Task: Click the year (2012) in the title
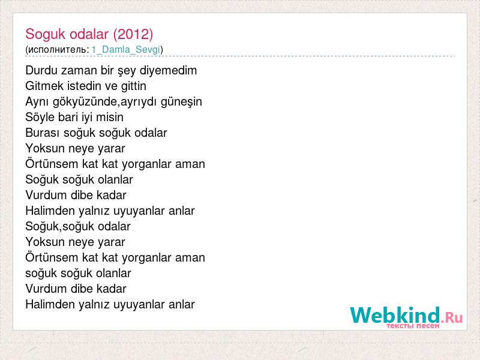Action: pos(133,34)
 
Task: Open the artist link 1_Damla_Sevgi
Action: pos(126,50)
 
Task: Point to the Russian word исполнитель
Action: pos(58,50)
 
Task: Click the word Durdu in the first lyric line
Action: pos(41,70)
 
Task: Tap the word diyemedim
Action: pos(168,71)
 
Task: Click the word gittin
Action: pos(133,86)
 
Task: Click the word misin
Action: pos(110,117)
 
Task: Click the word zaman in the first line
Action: pos(79,71)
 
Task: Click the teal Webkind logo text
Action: pos(395,315)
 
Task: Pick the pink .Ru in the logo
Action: pos(452,318)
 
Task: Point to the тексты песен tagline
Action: pos(413,326)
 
